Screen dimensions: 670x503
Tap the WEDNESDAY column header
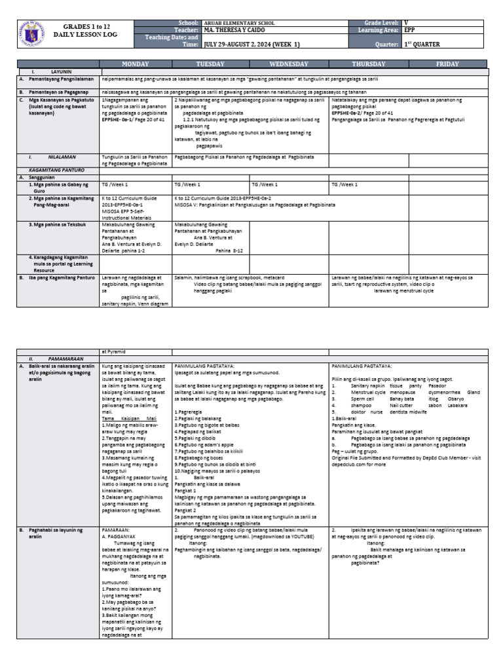289,64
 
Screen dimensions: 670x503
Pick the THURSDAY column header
369,64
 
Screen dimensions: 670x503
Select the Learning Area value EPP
409,30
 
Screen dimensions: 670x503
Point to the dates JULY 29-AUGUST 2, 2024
246,44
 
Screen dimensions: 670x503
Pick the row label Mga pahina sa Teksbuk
61,224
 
